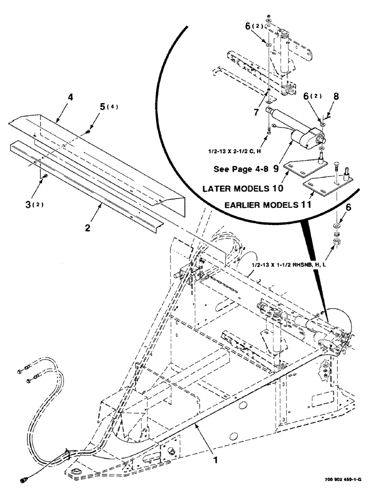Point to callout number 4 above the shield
point(70,97)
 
